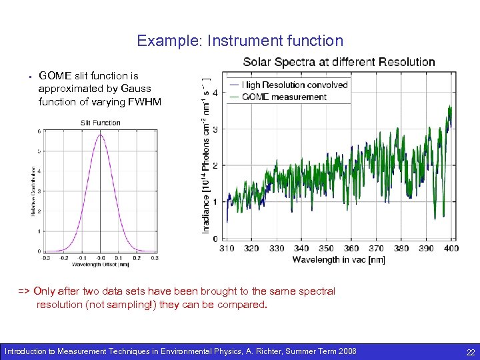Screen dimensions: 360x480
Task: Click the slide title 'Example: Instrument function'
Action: point(240,41)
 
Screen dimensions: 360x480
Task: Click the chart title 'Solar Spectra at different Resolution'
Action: point(339,62)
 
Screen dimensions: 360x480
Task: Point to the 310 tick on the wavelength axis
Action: point(227,248)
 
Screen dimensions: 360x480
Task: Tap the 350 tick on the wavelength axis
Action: point(326,248)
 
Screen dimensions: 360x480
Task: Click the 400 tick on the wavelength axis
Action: point(451,248)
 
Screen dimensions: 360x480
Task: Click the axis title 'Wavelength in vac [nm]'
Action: point(338,259)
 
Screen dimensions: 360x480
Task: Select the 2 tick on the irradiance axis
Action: point(215,165)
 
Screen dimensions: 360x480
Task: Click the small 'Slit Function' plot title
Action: point(100,123)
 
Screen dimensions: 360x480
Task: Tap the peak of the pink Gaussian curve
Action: point(100,135)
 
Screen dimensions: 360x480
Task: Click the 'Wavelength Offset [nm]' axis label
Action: point(101,264)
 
